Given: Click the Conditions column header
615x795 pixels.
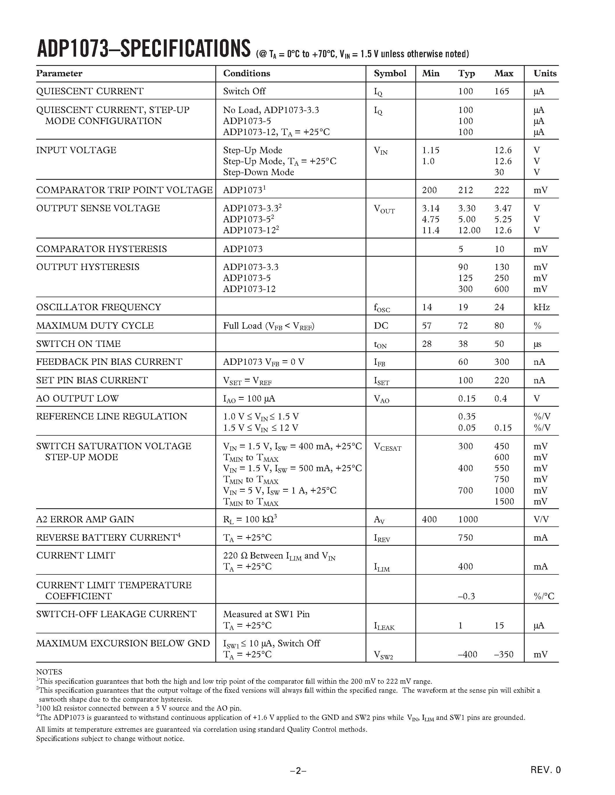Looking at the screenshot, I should (247, 73).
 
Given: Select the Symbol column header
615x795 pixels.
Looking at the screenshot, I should (390, 73).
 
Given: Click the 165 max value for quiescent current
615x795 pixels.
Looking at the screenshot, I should (502, 91).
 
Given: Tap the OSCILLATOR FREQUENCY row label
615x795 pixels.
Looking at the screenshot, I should (98, 307).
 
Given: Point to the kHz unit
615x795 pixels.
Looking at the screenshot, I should (541, 307).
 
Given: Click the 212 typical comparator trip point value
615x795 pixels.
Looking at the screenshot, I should (465, 190).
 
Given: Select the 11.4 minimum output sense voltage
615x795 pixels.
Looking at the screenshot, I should (431, 230).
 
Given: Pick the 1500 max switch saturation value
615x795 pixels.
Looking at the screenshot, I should (504, 502).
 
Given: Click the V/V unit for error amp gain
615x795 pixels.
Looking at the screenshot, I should (541, 519).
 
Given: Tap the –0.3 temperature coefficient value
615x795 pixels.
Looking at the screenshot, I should (466, 596).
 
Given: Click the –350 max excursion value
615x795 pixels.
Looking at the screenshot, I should (504, 655).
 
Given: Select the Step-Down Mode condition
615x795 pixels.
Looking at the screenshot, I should (258, 172).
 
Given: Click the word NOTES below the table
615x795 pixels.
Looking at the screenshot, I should (49, 672).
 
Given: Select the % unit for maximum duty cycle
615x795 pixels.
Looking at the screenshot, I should (537, 326).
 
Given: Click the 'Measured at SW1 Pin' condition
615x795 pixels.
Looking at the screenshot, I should (266, 614).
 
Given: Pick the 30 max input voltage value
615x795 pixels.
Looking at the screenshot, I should (499, 172).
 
